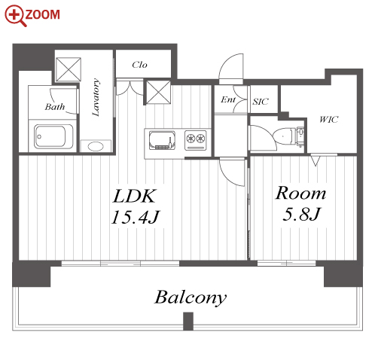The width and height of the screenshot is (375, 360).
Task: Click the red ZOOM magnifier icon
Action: coord(15,16)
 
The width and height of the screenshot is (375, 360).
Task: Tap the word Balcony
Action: coord(191,298)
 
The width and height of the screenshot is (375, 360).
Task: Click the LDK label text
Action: coord(135,196)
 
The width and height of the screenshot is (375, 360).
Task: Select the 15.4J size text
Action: coord(136,217)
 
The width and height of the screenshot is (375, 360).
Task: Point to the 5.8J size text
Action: coord(301,214)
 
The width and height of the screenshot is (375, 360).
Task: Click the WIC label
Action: coord(329,119)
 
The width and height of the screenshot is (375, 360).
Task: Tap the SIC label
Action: coord(261,102)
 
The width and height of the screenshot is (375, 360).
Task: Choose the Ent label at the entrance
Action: coord(228,99)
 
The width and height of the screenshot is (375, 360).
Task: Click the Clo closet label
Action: coord(139,65)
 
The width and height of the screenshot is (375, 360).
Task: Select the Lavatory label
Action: coord(96,97)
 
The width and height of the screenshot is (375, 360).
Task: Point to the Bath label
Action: coord(55,107)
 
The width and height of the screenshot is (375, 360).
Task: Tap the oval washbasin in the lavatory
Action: coord(96,146)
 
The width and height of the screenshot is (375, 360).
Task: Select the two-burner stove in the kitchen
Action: coord(196,140)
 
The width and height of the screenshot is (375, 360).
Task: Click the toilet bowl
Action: coord(285,136)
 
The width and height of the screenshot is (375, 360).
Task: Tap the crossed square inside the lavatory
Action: coord(69,69)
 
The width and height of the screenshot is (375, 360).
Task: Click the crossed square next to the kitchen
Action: coord(158,92)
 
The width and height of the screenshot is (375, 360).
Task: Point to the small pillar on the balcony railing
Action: coord(188,321)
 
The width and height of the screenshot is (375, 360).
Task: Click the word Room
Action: coord(300,193)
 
